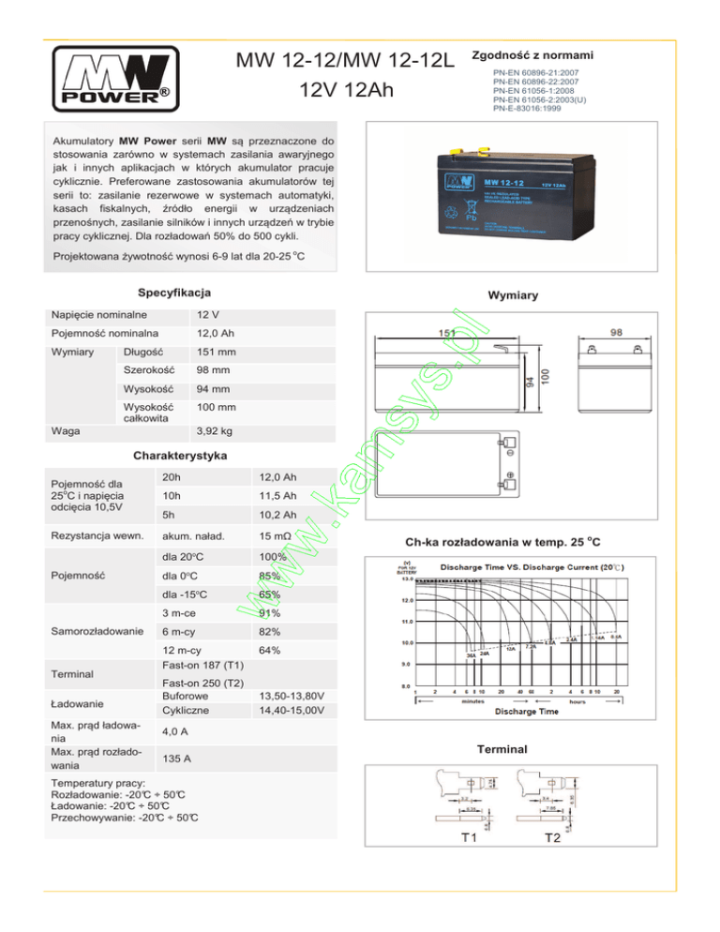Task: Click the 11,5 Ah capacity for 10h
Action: pyautogui.click(x=278, y=496)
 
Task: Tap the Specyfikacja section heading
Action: pyautogui.click(x=174, y=293)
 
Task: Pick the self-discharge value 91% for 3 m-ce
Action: pyautogui.click(x=271, y=614)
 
